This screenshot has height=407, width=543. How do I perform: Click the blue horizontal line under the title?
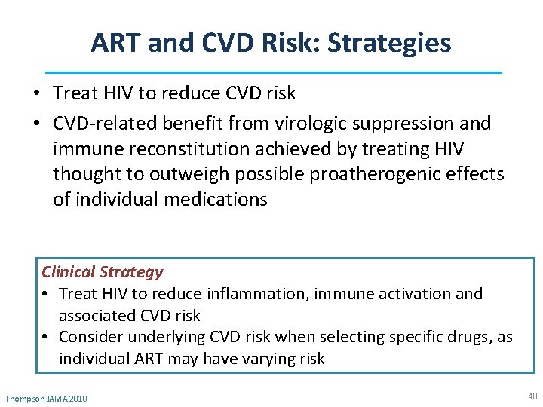pyautogui.click(x=273, y=72)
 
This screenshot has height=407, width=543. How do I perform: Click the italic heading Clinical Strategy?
pyautogui.click(x=102, y=272)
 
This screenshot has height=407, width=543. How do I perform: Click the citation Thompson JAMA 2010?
pyautogui.click(x=46, y=398)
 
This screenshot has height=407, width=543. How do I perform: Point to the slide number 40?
pyautogui.click(x=532, y=396)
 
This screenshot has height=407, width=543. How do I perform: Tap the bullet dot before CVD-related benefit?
pyautogui.click(x=36, y=124)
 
